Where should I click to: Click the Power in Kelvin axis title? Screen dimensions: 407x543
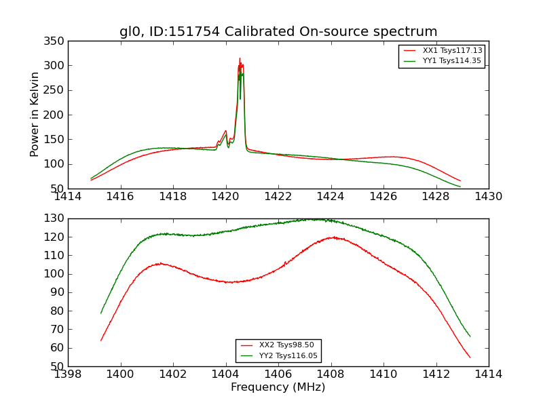tap(35, 114)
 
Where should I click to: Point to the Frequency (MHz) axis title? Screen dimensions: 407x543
tap(278, 387)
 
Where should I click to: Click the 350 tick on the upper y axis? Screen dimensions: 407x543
tap(56, 41)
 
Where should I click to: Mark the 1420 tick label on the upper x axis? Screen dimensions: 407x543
tap(225, 197)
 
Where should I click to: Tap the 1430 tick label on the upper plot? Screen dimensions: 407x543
tap(488, 197)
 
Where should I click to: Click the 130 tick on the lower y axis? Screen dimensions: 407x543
tap(56, 218)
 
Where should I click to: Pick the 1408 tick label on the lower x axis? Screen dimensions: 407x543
tap(331, 374)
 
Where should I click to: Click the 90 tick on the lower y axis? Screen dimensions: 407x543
tap(59, 292)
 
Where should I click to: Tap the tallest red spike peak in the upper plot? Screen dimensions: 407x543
tap(240, 58)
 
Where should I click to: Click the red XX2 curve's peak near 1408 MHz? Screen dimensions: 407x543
tap(333, 237)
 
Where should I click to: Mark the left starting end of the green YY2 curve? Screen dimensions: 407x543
tap(101, 313)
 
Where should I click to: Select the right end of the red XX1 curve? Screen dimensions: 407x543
tap(460, 181)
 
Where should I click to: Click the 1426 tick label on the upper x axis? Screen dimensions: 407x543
tap(383, 197)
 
